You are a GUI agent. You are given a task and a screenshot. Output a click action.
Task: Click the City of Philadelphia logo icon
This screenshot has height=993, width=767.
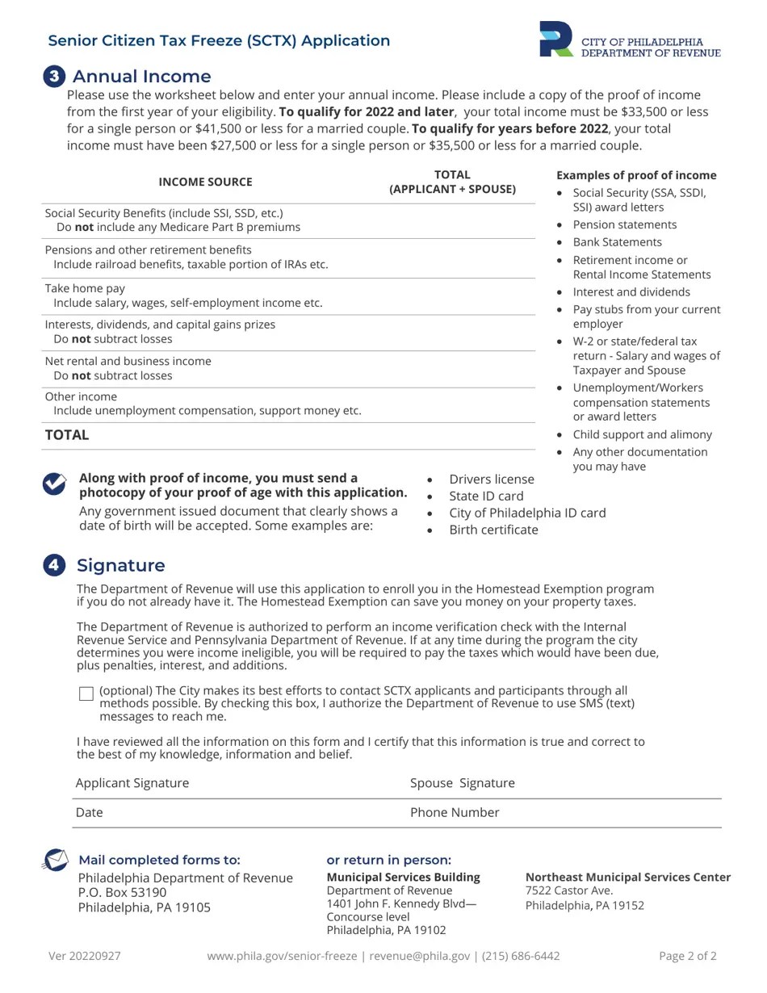(556, 40)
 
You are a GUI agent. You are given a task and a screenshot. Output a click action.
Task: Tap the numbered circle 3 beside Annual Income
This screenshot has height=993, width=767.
(54, 77)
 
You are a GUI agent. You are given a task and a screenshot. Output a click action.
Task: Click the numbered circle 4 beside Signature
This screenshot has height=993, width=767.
(54, 565)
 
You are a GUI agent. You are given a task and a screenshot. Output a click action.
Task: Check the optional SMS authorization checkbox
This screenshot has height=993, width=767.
(86, 693)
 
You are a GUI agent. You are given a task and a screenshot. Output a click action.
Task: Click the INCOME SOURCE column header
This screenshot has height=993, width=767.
(205, 182)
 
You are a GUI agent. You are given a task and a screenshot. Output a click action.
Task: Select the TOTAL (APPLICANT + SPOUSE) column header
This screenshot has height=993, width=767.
(452, 182)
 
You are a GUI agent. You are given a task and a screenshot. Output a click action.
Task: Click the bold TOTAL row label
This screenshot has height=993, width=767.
(67, 435)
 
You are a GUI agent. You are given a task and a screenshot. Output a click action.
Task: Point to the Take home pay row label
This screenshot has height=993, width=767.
(85, 288)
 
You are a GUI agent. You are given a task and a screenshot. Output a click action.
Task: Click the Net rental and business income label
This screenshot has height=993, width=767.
(128, 361)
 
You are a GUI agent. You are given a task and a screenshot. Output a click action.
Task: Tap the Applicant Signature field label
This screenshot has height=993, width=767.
(132, 783)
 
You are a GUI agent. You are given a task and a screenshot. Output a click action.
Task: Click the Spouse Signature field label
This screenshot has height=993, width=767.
(462, 783)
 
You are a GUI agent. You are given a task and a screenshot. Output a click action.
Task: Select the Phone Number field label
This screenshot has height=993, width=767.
(455, 813)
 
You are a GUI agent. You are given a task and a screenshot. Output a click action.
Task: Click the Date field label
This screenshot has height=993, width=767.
(90, 813)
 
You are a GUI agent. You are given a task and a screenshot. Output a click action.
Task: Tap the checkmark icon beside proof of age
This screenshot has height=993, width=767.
(54, 484)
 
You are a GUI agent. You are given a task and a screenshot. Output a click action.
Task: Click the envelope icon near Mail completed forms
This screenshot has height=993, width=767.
(55, 861)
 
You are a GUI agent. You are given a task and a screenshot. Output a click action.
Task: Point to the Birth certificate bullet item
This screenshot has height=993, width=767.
(493, 530)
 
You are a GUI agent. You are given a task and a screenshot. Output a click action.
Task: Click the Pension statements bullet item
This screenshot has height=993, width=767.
(624, 225)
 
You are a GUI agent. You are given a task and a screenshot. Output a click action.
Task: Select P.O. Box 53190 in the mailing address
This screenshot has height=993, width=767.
(122, 893)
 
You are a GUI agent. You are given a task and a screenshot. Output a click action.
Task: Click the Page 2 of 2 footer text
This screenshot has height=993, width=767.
(687, 957)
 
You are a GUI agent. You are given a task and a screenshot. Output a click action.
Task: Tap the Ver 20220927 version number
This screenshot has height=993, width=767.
(85, 957)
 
